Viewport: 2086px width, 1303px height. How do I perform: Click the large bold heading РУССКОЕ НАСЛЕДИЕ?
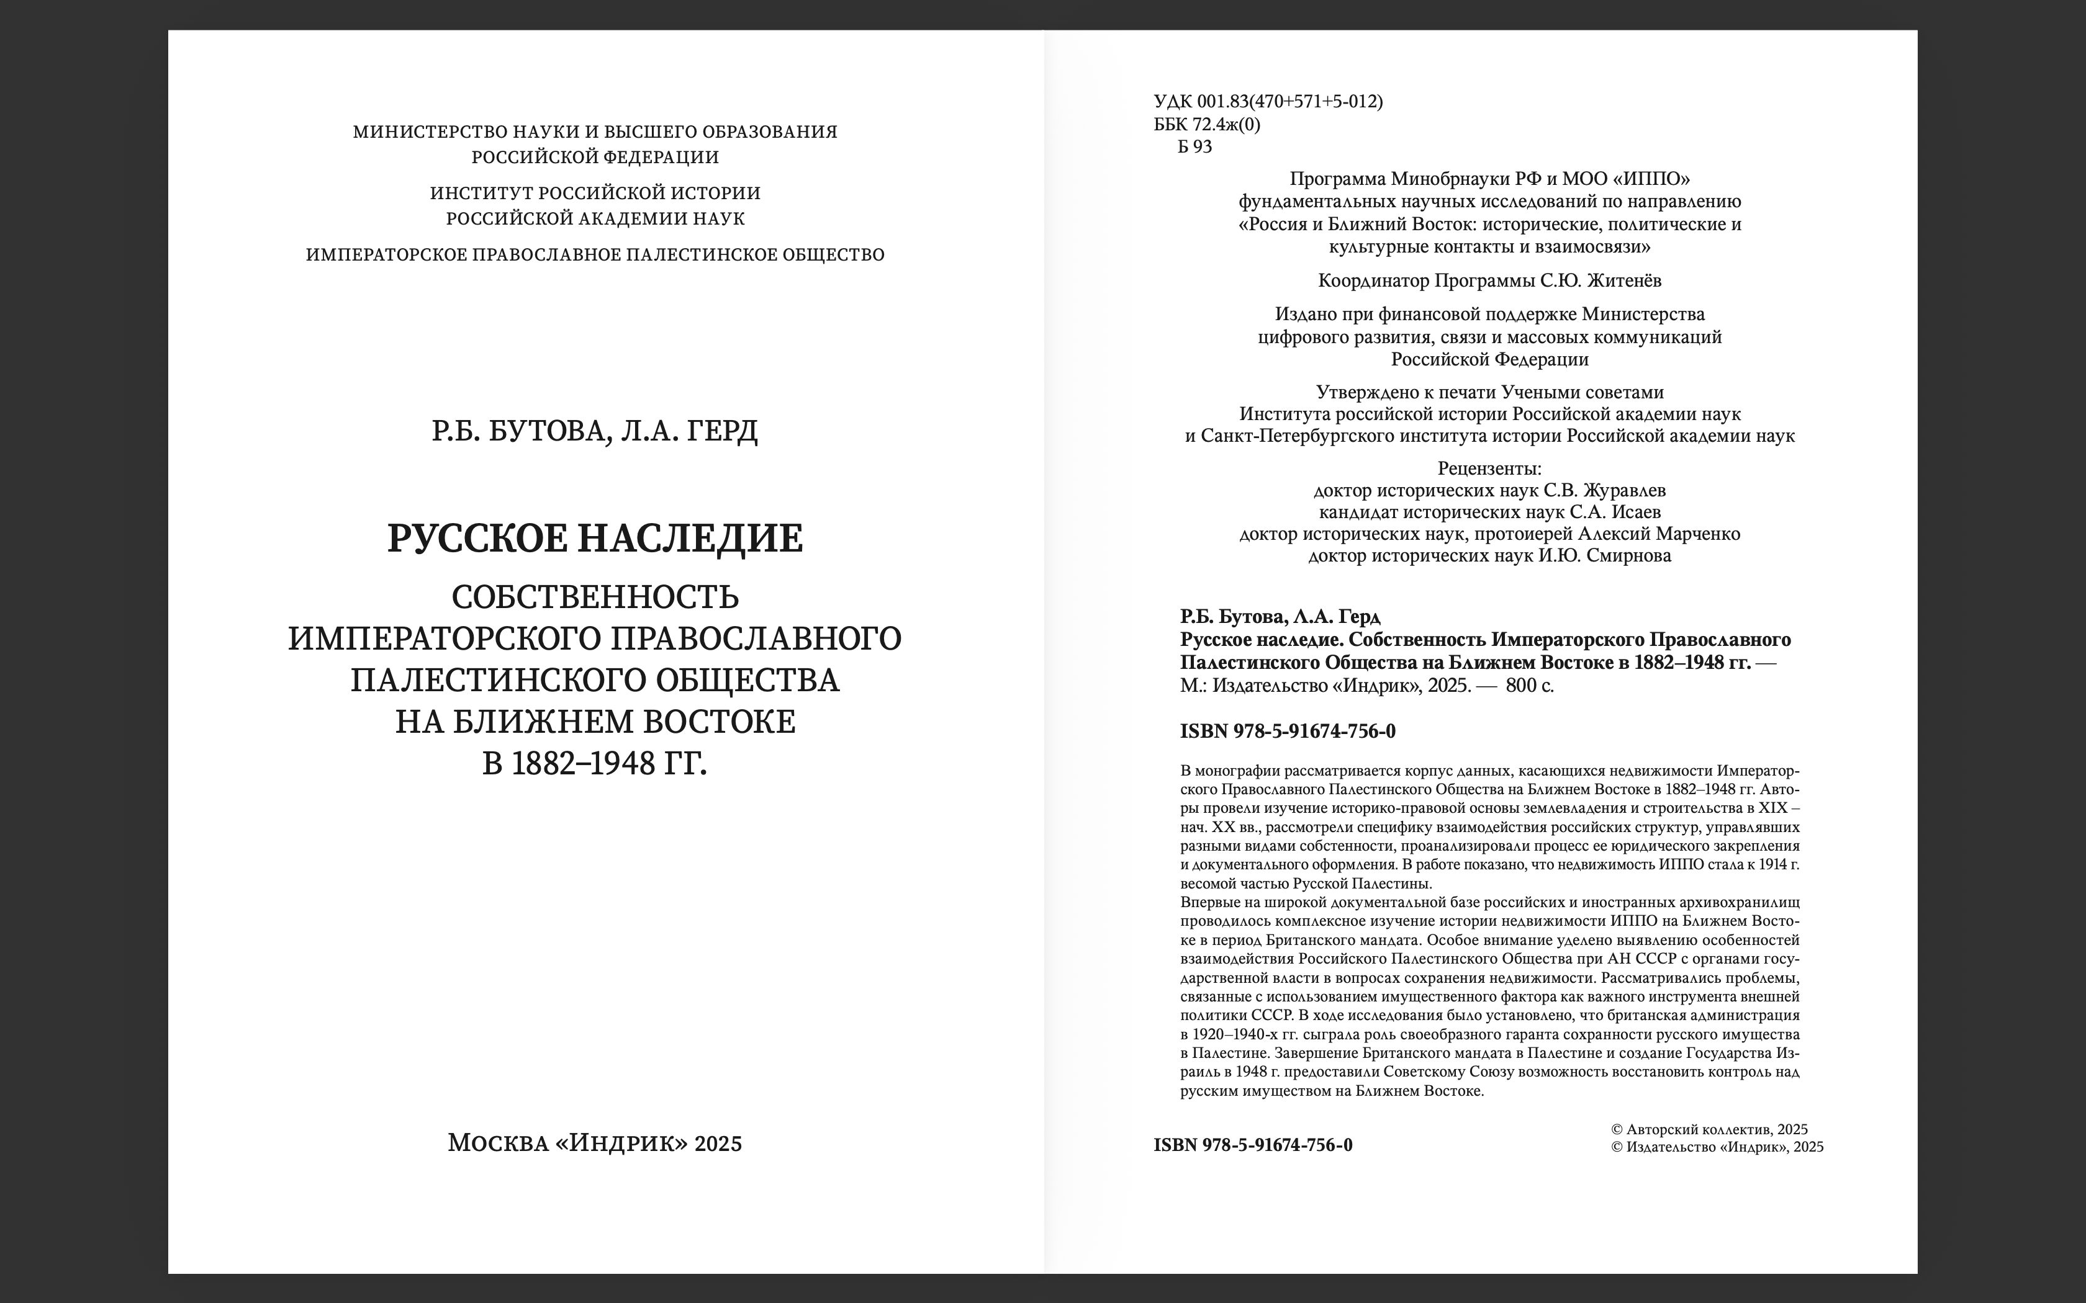[595, 539]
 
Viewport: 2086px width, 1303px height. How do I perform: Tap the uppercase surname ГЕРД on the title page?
[723, 430]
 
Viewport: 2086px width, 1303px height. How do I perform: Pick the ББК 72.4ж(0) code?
[1207, 124]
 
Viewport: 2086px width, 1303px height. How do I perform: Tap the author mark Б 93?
[1194, 146]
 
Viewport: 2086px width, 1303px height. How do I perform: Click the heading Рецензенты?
[1489, 469]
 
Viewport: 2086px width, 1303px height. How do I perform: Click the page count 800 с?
[1530, 686]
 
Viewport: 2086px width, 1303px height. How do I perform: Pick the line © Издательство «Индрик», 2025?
[1717, 1147]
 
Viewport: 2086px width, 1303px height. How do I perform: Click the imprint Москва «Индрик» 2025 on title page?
[595, 1144]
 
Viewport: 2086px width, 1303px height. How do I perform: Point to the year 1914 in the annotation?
[1764, 864]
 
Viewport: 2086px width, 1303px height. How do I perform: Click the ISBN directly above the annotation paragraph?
[1288, 732]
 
